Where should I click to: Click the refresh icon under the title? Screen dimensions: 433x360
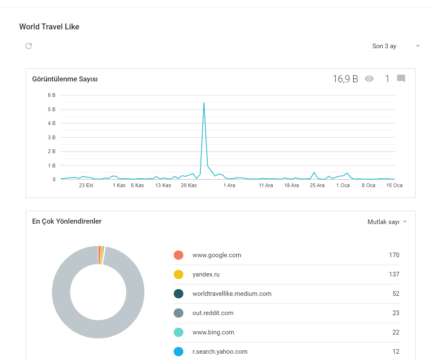click(x=29, y=46)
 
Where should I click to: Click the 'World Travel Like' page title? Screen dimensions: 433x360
click(x=49, y=26)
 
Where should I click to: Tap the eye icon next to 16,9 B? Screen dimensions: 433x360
click(x=369, y=79)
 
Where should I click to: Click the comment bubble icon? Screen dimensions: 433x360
click(x=401, y=79)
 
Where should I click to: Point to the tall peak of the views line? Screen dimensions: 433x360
click(x=204, y=103)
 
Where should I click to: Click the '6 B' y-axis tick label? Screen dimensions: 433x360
click(x=52, y=95)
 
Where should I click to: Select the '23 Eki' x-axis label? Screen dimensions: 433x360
click(x=86, y=185)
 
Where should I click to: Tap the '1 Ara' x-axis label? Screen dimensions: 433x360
click(x=229, y=185)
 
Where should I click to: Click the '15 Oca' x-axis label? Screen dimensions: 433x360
click(x=394, y=185)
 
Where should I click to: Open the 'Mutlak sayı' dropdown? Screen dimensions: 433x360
click(x=387, y=222)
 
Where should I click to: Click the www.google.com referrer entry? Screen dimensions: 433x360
click(x=217, y=255)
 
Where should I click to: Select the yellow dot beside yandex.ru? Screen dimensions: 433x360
click(x=178, y=274)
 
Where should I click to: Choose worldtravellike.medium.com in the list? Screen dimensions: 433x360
click(x=232, y=294)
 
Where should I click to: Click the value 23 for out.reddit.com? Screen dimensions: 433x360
click(x=396, y=313)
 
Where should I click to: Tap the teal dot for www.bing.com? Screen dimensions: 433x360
click(x=178, y=332)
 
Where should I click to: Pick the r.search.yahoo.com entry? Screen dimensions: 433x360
click(x=220, y=352)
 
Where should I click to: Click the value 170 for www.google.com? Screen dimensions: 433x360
click(x=394, y=255)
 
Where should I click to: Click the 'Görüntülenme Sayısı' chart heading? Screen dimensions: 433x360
click(x=65, y=79)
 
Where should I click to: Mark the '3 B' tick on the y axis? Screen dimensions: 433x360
click(x=52, y=138)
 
